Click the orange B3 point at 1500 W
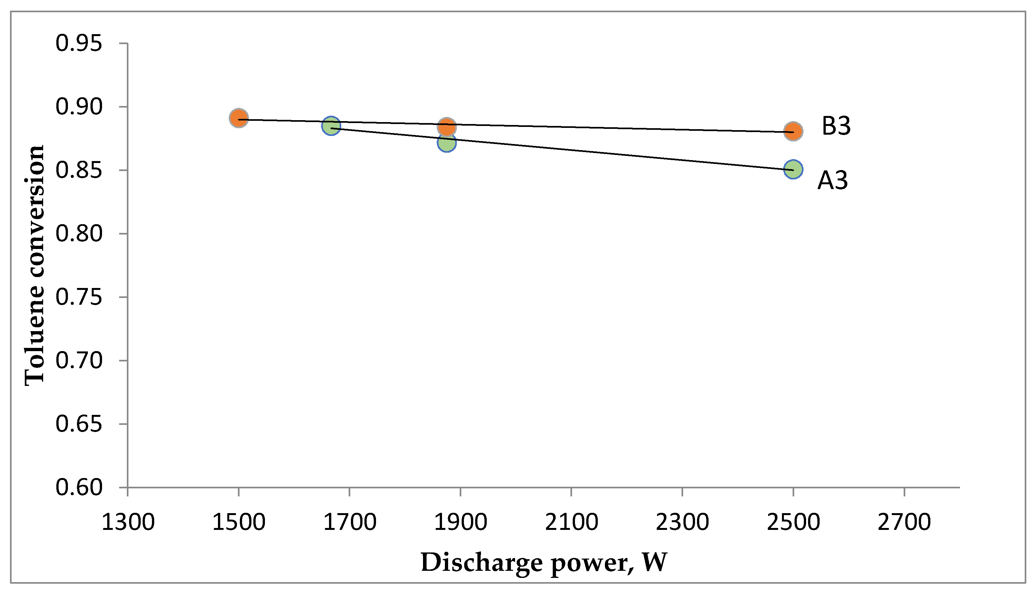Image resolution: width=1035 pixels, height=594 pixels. click(x=239, y=118)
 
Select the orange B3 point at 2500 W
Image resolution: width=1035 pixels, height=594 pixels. click(x=793, y=131)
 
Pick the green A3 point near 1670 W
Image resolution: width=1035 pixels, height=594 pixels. click(x=331, y=126)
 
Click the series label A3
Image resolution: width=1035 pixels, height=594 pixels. click(x=833, y=180)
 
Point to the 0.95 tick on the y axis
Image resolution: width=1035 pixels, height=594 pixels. click(x=79, y=43)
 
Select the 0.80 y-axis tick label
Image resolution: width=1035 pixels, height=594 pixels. click(x=79, y=234)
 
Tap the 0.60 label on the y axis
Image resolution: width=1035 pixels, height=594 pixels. click(x=79, y=487)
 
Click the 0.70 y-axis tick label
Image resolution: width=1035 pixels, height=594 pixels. click(x=79, y=361)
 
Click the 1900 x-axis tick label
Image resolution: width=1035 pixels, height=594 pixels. click(x=461, y=522)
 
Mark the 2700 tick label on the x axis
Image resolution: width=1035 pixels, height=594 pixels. click(x=904, y=522)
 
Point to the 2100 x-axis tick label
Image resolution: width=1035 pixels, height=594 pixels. click(x=571, y=522)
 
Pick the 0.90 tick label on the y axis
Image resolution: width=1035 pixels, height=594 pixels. click(x=79, y=107)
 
